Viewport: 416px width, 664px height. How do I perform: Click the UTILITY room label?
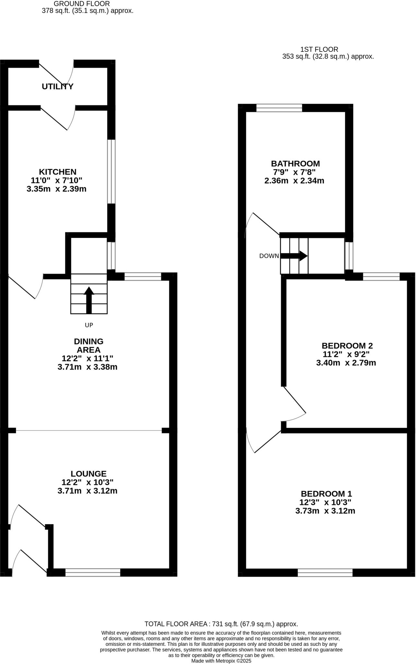pyautogui.click(x=57, y=87)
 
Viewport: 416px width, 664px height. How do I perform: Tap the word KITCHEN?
pyautogui.click(x=57, y=172)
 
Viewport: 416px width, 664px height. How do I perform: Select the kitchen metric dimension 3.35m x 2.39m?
pyautogui.click(x=56, y=189)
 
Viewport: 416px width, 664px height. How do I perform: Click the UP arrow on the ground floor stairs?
pyautogui.click(x=89, y=300)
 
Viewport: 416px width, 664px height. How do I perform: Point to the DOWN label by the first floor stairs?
pyautogui.click(x=269, y=256)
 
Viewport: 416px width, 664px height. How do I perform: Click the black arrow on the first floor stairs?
pyautogui.click(x=294, y=256)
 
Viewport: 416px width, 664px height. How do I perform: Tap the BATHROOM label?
pyautogui.click(x=295, y=163)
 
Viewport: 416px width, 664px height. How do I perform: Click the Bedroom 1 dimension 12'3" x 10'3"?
pyautogui.click(x=325, y=502)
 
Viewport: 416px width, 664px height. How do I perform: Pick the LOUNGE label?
pyautogui.click(x=89, y=474)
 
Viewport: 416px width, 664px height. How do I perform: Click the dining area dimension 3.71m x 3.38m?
pyautogui.click(x=87, y=367)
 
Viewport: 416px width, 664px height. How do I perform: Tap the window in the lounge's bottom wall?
pyautogui.click(x=93, y=573)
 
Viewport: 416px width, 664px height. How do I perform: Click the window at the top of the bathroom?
pyautogui.click(x=279, y=108)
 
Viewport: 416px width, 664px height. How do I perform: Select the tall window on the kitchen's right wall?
pyautogui.click(x=111, y=172)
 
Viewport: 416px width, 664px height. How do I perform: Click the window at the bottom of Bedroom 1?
pyautogui.click(x=325, y=573)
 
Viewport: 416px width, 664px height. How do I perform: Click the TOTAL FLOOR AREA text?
pyautogui.click(x=221, y=624)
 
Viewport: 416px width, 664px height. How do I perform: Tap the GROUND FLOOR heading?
pyautogui.click(x=82, y=4)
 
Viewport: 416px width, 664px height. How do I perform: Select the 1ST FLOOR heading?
pyautogui.click(x=319, y=50)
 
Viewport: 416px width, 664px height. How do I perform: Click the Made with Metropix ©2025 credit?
pyautogui.click(x=221, y=660)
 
